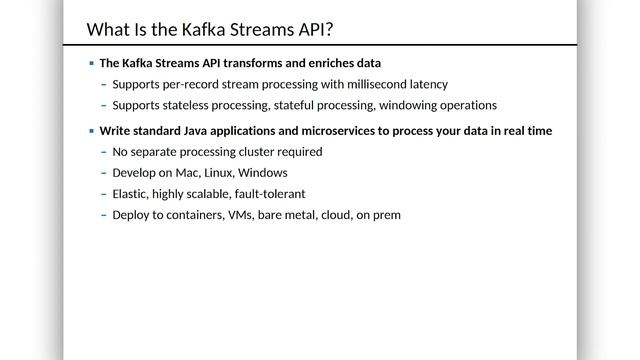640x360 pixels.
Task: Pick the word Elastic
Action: click(x=131, y=194)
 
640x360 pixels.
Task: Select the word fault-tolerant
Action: click(x=270, y=194)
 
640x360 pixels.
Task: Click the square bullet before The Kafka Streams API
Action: click(x=91, y=63)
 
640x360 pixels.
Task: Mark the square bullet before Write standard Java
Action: click(x=91, y=131)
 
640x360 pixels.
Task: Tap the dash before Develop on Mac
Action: click(x=104, y=173)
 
